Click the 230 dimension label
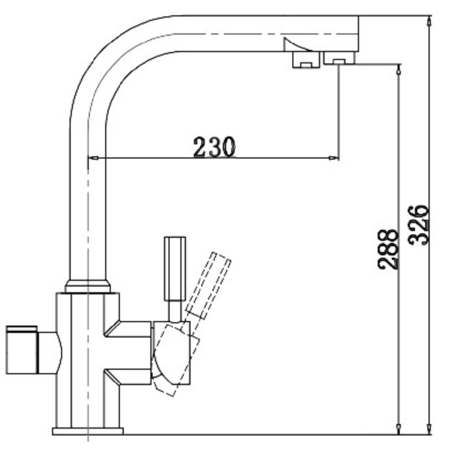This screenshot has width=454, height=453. tap(214, 147)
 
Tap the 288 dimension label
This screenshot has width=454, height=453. tap(388, 249)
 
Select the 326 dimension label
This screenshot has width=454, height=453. tap(418, 225)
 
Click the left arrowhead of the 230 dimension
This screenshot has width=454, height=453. tap(93, 158)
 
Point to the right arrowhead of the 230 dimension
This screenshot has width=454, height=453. tap(333, 158)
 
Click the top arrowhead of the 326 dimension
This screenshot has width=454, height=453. tap(430, 22)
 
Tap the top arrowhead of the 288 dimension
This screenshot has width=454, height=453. tap(399, 70)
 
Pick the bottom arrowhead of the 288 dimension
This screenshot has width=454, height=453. tap(399, 429)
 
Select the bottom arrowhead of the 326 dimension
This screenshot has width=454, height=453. tap(430, 429)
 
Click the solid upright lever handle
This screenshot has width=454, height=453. tap(175, 268)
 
